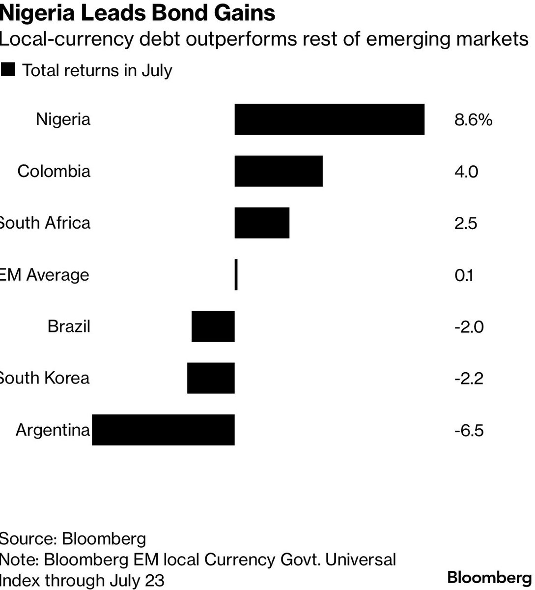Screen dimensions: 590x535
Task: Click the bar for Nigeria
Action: point(329,119)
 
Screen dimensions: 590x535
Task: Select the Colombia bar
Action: point(279,171)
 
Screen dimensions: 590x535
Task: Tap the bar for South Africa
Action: point(262,223)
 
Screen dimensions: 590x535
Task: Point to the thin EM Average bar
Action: point(236,274)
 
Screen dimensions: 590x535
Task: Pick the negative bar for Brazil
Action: point(213,326)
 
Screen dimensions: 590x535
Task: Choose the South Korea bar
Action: point(211,378)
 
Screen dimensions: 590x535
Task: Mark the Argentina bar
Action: point(163,430)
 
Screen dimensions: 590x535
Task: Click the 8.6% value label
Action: point(473,120)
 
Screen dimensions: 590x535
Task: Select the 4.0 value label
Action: point(466,172)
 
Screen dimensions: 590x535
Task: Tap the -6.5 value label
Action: point(469,431)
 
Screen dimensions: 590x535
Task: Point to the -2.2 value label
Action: point(469,379)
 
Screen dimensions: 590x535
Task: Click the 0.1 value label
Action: point(464,275)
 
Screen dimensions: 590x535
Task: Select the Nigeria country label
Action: point(63,119)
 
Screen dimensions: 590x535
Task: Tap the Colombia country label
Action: point(54,171)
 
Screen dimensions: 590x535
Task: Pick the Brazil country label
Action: point(69,326)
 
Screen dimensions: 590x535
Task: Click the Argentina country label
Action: point(53,430)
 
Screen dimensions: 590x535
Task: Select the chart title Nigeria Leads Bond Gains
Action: point(138,13)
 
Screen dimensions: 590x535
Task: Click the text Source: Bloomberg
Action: point(73,539)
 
